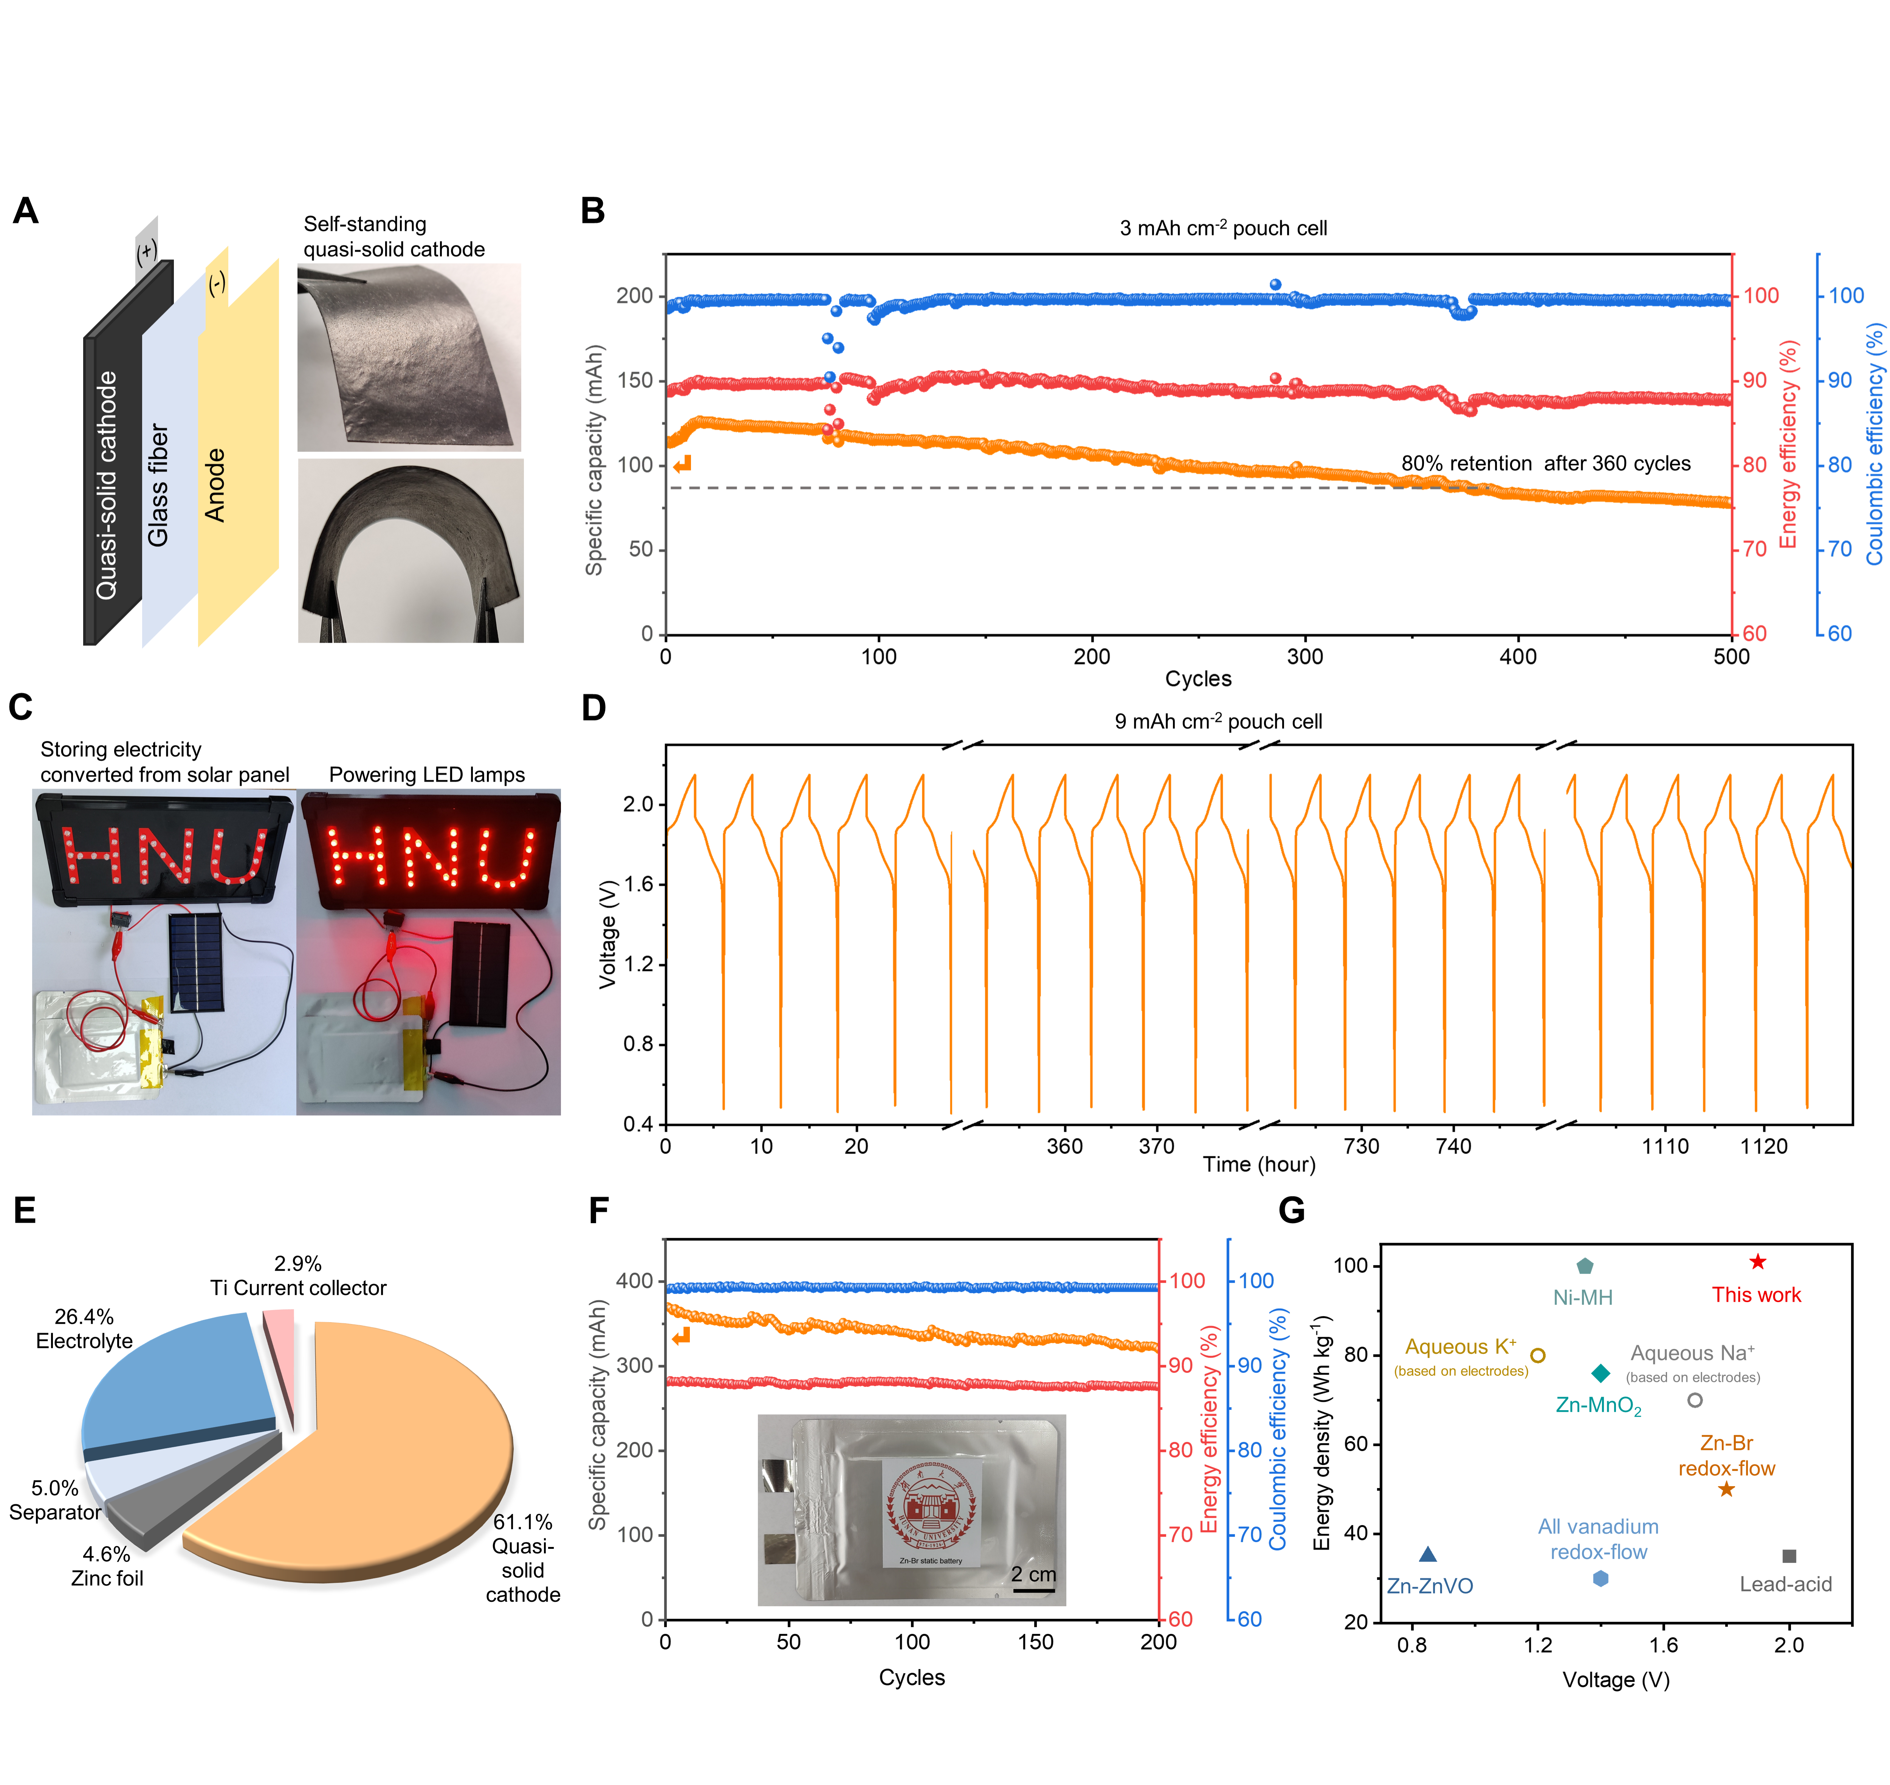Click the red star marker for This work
[x=1757, y=1262]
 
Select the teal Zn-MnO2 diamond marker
[x=1601, y=1373]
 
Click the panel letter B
[x=593, y=210]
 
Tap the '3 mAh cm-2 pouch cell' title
[x=1223, y=228]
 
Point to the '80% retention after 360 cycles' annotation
[x=1546, y=463]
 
